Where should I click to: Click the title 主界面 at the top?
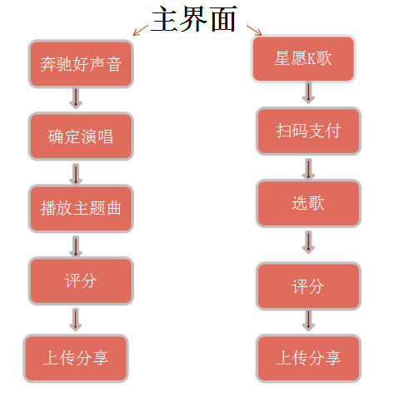pyautogui.click(x=194, y=19)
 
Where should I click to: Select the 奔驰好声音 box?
pyautogui.click(x=81, y=64)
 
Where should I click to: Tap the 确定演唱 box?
pyautogui.click(x=81, y=136)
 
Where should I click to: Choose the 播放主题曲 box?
pyautogui.click(x=81, y=208)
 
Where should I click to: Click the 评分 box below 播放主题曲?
pyautogui.click(x=81, y=280)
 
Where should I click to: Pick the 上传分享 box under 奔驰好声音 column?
pyautogui.click(x=76, y=358)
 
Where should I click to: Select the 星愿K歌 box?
pyautogui.click(x=303, y=58)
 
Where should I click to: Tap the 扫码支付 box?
pyautogui.click(x=308, y=131)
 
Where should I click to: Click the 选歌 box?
pyautogui.click(x=308, y=203)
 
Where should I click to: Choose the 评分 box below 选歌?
pyautogui.click(x=308, y=285)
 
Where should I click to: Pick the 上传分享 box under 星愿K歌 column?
pyautogui.click(x=308, y=358)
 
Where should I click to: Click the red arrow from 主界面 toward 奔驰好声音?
pyautogui.click(x=141, y=30)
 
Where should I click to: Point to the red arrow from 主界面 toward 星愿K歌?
pyautogui.click(x=254, y=30)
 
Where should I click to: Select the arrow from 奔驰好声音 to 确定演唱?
pyautogui.click(x=76, y=98)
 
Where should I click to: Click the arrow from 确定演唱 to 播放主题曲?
pyautogui.click(x=76, y=174)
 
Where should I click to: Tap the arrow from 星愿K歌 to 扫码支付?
pyautogui.click(x=308, y=92)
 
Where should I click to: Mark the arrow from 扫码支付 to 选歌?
pyautogui.click(x=308, y=169)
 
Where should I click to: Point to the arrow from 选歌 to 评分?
pyautogui.click(x=308, y=242)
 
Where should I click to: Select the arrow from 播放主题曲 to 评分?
pyautogui.click(x=76, y=246)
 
